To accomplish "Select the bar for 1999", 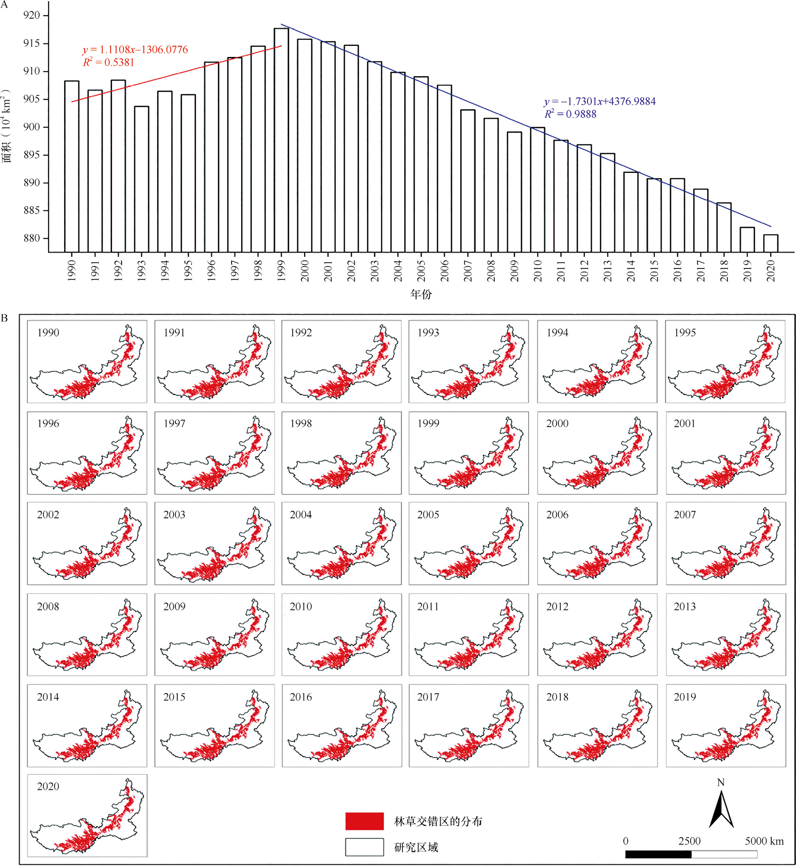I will (x=281, y=140).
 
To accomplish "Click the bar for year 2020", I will (x=770, y=243).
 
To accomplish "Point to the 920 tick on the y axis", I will (x=31, y=16).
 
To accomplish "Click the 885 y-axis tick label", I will (x=31, y=210).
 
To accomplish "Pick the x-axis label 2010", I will (x=537, y=271).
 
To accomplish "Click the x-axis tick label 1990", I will (x=71, y=271).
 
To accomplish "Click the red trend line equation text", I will (x=135, y=49).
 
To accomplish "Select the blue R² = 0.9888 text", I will (x=570, y=114).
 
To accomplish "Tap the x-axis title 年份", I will (x=421, y=294).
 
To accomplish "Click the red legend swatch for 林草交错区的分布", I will (x=364, y=821).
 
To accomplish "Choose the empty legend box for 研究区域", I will (x=364, y=847).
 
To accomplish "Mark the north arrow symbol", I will (x=721, y=808).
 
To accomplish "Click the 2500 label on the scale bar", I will (x=689, y=841).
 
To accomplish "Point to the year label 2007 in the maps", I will (x=685, y=514).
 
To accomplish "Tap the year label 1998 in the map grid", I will (x=301, y=423).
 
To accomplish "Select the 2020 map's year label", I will (x=48, y=786).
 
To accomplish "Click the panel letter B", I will (x=4, y=318).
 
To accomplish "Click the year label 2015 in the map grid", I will (x=174, y=697).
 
